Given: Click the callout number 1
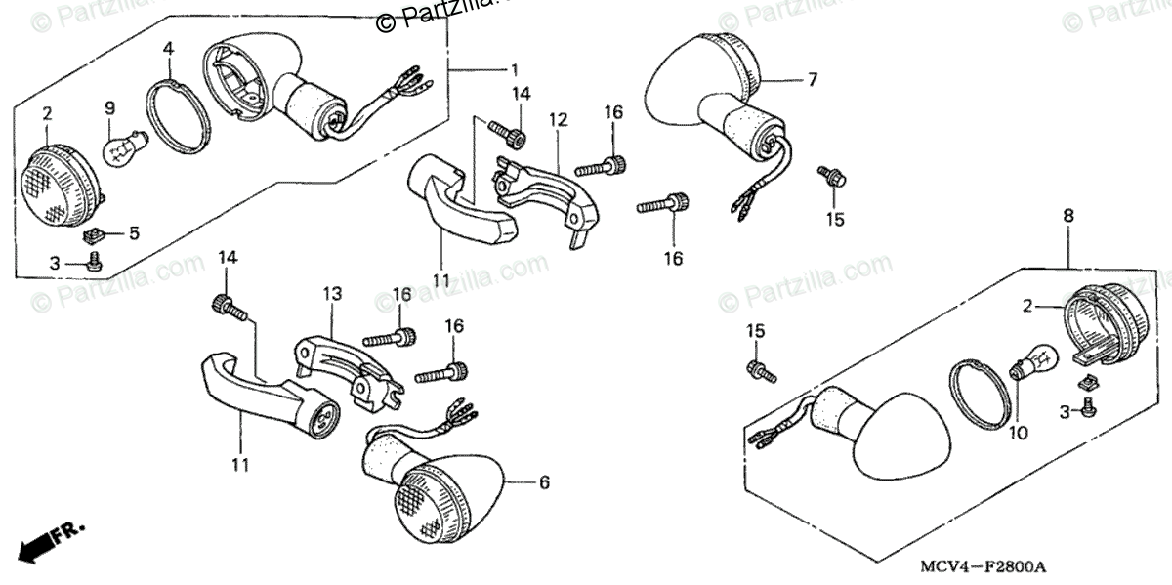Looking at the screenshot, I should tap(514, 69).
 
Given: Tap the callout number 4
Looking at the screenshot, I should tap(169, 48).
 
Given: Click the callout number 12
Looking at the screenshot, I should tap(558, 120).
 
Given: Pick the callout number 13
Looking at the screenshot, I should tap(331, 294).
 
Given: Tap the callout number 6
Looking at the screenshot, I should tap(544, 482).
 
